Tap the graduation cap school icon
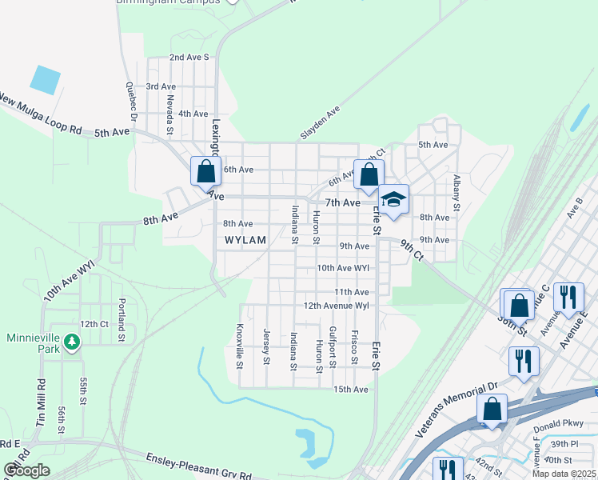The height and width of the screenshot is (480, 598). (x=393, y=200)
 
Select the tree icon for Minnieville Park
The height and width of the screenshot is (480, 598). (x=73, y=342)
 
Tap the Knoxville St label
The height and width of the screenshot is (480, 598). (x=239, y=346)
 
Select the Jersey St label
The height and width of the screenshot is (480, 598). (x=266, y=346)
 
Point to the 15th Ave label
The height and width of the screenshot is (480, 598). (x=351, y=390)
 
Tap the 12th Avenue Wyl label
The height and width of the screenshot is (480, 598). (x=336, y=306)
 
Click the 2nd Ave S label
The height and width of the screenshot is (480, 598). (x=189, y=58)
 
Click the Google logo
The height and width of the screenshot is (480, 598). (x=26, y=470)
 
